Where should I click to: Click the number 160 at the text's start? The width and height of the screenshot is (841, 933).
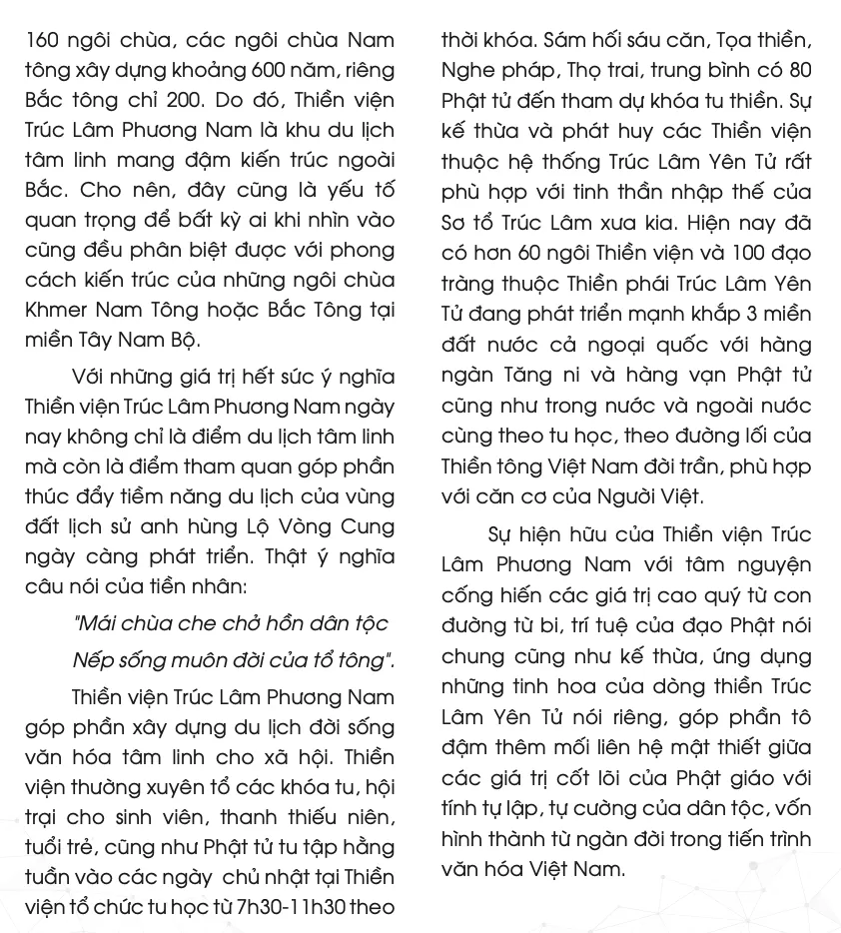(x=42, y=41)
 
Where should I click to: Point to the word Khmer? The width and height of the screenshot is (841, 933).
(x=56, y=310)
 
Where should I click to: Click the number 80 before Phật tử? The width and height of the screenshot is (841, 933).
(x=799, y=71)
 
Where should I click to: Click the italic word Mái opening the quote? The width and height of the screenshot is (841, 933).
(x=99, y=623)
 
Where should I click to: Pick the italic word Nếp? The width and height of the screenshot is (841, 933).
(x=94, y=660)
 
